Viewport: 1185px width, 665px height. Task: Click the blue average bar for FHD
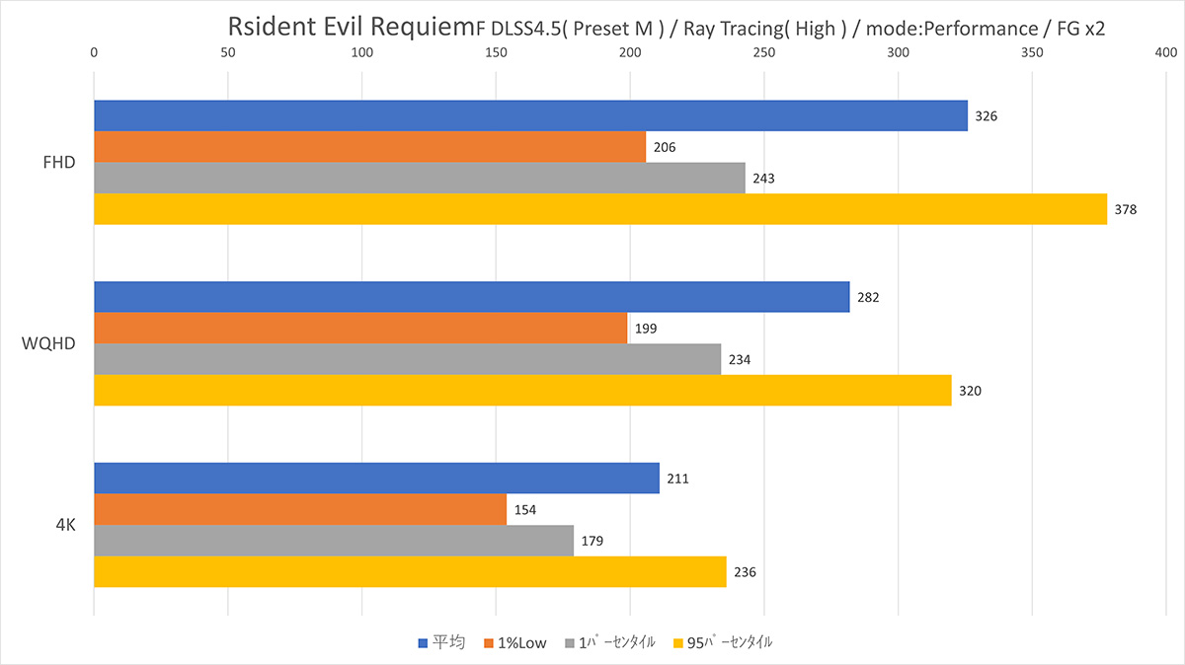(x=530, y=115)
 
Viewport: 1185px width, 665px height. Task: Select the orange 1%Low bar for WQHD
(x=360, y=328)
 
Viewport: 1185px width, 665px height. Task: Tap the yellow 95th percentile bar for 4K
(x=410, y=571)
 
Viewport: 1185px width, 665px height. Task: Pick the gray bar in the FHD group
(x=419, y=178)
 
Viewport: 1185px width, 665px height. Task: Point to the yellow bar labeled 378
(x=600, y=209)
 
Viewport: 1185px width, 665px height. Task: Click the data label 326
(x=986, y=116)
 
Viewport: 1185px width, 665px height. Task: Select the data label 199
(x=646, y=329)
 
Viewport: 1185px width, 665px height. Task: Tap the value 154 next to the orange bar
(x=525, y=510)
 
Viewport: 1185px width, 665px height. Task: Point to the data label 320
(x=970, y=391)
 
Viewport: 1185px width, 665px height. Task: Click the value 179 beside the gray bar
(x=592, y=541)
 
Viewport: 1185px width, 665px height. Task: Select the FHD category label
(x=59, y=163)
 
